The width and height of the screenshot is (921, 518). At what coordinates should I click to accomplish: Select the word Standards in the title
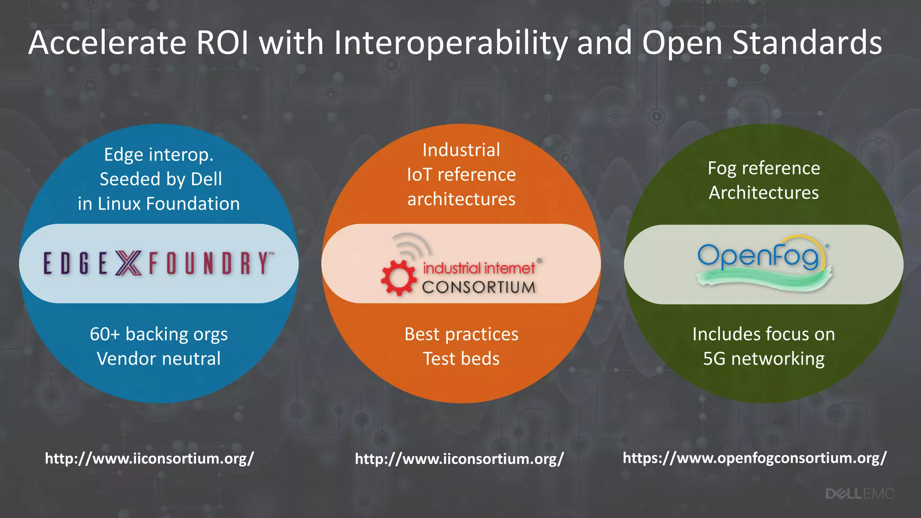807,43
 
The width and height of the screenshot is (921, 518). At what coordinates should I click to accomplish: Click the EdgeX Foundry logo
158,263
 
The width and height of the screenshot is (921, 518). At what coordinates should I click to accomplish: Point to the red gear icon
398,277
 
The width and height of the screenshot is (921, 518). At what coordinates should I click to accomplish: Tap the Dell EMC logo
859,494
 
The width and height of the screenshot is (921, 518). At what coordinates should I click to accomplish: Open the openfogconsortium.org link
755,458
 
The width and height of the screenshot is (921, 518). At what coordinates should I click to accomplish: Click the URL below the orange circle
459,459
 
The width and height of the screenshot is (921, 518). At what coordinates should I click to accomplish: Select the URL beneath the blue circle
149,458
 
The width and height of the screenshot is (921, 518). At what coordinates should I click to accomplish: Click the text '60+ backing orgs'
159,334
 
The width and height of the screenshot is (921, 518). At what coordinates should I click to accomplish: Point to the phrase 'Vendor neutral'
159,359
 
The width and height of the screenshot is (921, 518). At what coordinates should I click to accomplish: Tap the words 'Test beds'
461,359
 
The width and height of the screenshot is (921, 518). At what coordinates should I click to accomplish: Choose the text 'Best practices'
461,334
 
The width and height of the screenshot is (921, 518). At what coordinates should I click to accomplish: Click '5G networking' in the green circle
764,359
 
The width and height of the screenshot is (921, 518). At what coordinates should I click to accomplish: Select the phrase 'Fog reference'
764,168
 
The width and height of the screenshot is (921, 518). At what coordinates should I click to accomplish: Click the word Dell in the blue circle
206,179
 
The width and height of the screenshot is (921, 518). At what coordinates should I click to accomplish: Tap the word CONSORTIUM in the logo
478,287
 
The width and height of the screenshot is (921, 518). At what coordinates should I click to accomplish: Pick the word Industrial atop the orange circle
461,150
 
